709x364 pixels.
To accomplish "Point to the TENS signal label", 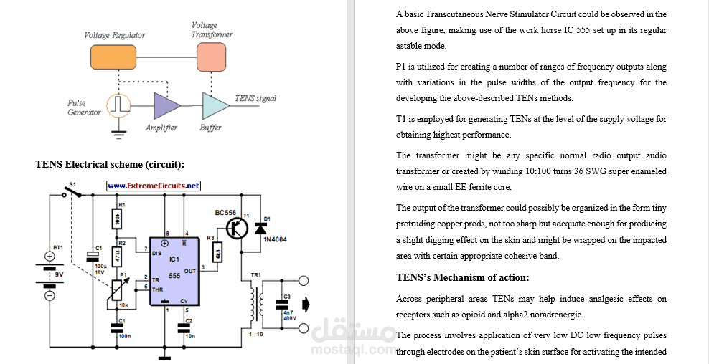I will (x=255, y=98).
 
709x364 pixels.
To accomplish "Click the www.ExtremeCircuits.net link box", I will (x=154, y=186).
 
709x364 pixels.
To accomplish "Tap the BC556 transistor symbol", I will (x=236, y=228).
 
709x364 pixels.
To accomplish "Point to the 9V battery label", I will (x=58, y=274).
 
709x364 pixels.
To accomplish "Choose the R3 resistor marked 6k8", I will (x=218, y=253).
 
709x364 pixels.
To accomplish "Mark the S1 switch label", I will (x=72, y=183).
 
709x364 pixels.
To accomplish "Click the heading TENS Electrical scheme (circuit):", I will (x=110, y=165).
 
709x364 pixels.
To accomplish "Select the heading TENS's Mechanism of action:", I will (x=462, y=277).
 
